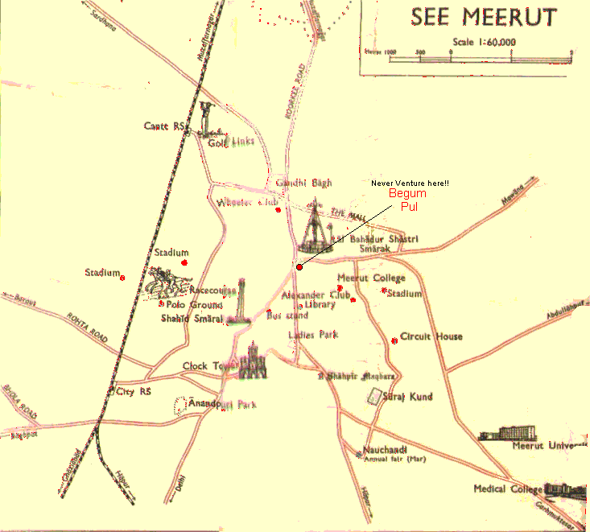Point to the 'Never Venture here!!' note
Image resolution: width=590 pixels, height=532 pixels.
410,184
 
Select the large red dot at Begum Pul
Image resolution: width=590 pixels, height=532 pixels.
299,267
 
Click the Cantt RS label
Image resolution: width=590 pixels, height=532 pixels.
165,126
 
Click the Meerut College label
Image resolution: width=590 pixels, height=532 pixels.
371,278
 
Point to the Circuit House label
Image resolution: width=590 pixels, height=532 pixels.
431,336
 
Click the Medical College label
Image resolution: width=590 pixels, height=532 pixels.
501,489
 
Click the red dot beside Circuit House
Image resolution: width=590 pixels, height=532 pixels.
394,340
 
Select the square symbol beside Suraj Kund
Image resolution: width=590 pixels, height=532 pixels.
373,396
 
